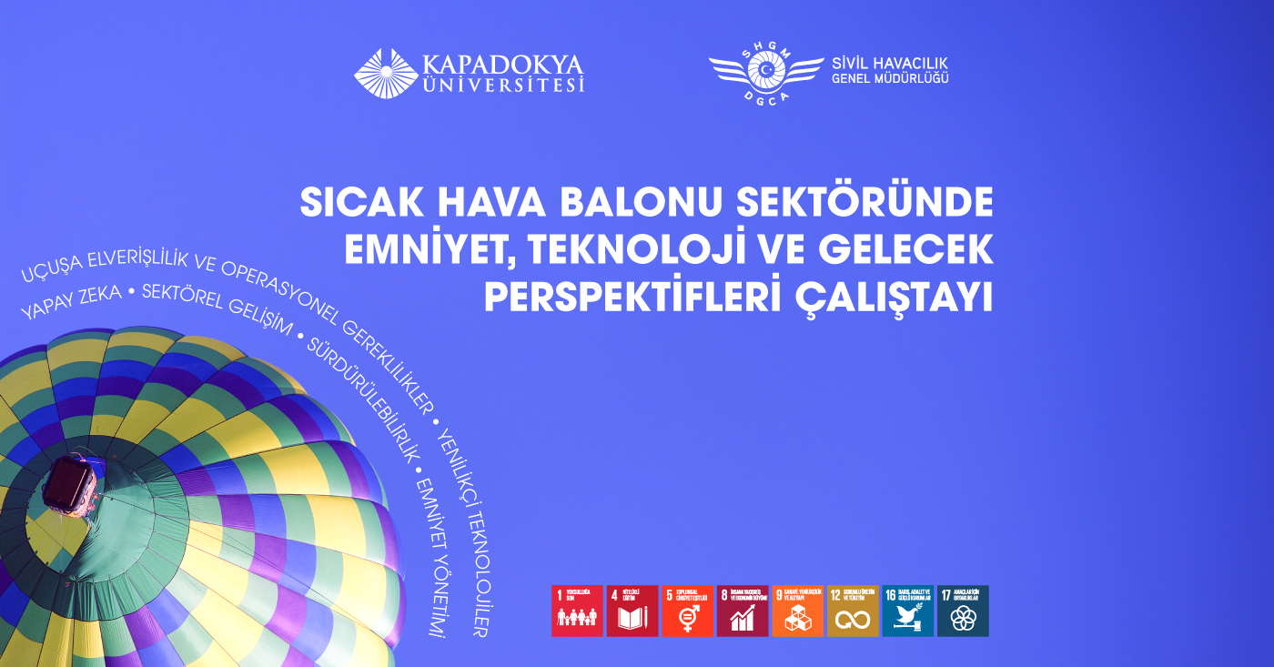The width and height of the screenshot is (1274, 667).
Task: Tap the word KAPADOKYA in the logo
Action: [x=502, y=65]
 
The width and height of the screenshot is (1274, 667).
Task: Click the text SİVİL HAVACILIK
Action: [x=890, y=64]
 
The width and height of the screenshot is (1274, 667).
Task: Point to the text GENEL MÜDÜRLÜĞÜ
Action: [x=890, y=80]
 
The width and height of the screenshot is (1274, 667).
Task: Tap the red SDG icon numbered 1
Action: [x=577, y=611]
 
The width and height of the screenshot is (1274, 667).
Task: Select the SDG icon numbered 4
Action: [x=632, y=611]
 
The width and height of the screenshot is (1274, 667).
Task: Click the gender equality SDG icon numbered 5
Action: [x=687, y=611]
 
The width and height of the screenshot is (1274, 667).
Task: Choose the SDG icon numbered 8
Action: [x=743, y=611]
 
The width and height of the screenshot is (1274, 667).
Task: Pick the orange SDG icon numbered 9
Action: [x=797, y=611]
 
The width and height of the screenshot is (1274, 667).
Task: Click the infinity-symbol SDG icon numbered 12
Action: [x=853, y=611]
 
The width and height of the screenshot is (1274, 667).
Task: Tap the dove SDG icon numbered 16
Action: [x=907, y=611]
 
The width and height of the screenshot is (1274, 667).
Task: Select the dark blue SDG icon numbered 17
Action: [x=963, y=611]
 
